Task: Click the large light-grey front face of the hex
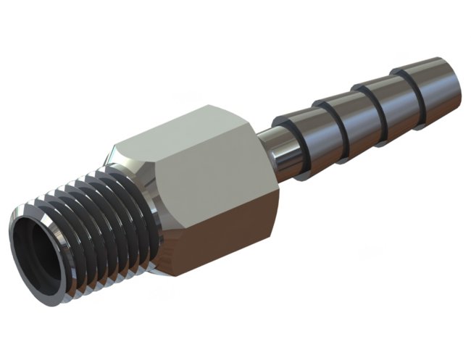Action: (x=213, y=191)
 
